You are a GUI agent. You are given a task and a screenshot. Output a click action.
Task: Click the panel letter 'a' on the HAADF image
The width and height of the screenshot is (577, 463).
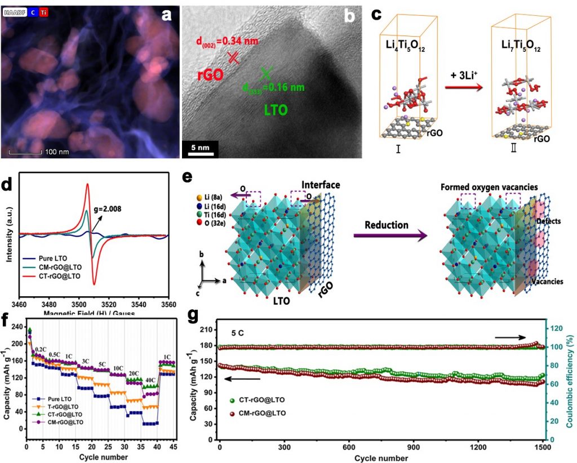(x=166, y=15)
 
